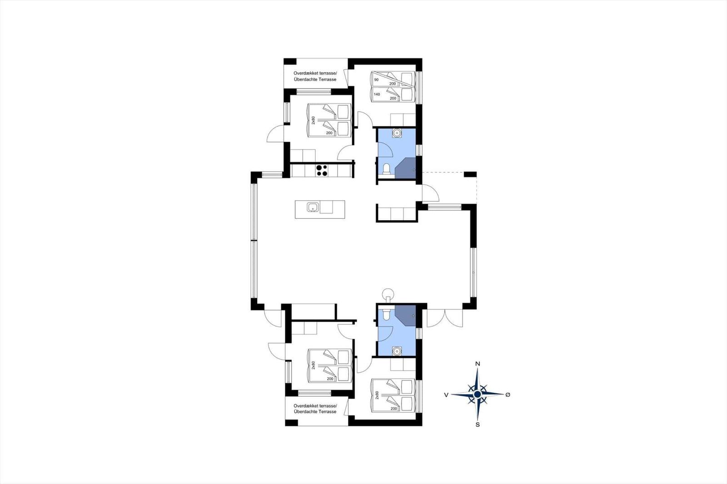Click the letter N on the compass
click(478, 364)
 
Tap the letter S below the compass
click(478, 425)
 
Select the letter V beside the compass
click(446, 395)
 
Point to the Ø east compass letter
click(508, 395)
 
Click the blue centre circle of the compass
click(478, 394)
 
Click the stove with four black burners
click(95, 170)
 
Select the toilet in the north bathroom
click(386, 169)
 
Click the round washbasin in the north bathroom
click(397, 133)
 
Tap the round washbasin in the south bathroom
click(397, 351)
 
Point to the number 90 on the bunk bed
click(376, 79)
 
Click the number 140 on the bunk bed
click(377, 94)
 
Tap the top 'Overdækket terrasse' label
click(315, 73)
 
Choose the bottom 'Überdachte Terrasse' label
click(315, 412)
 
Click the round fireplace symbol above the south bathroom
click(388, 294)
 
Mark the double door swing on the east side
click(445, 318)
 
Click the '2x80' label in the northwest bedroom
click(313, 120)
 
